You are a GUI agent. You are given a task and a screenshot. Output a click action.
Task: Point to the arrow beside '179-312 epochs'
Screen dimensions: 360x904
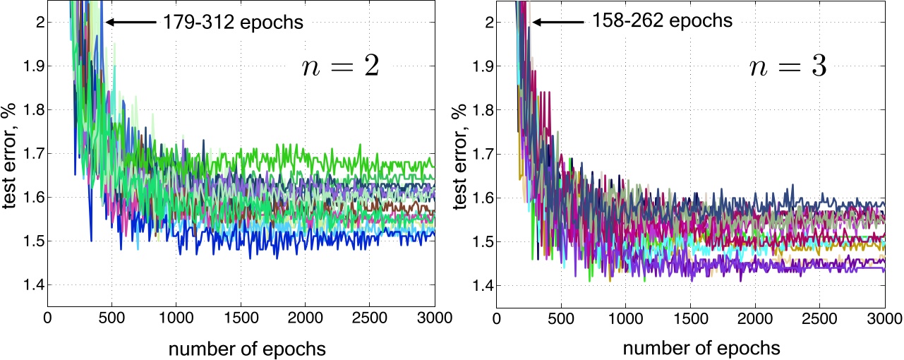point(130,23)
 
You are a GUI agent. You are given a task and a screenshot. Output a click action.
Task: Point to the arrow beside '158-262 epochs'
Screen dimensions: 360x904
point(558,22)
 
